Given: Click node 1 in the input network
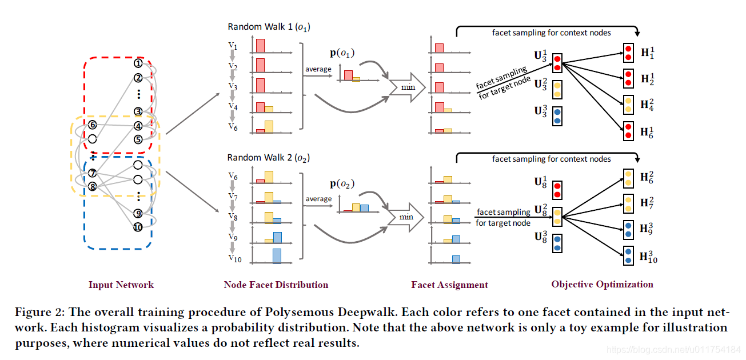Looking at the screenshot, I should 138,64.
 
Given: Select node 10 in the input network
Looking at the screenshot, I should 138,227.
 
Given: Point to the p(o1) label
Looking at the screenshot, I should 342,53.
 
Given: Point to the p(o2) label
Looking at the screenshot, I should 342,184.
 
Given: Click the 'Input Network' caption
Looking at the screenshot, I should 121,285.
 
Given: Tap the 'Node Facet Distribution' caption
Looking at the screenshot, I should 276,285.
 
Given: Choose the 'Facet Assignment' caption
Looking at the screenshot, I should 449,285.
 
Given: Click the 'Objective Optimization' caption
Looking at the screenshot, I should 602,284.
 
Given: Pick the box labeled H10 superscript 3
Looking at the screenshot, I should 628,255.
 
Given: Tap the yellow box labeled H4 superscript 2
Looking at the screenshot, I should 628,105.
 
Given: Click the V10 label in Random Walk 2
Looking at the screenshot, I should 234,258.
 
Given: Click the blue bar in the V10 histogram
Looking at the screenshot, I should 277,255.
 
